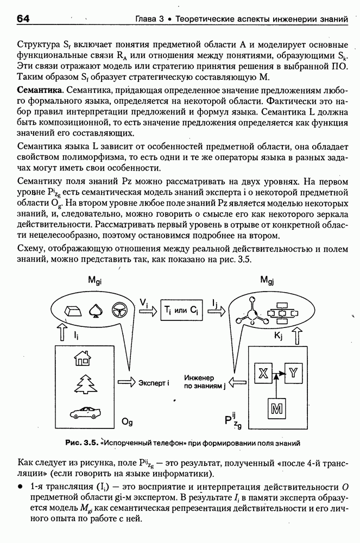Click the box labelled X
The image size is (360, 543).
coord(263,373)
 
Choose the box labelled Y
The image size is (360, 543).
coord(293,373)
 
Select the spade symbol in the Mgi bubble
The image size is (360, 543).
coord(94,310)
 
